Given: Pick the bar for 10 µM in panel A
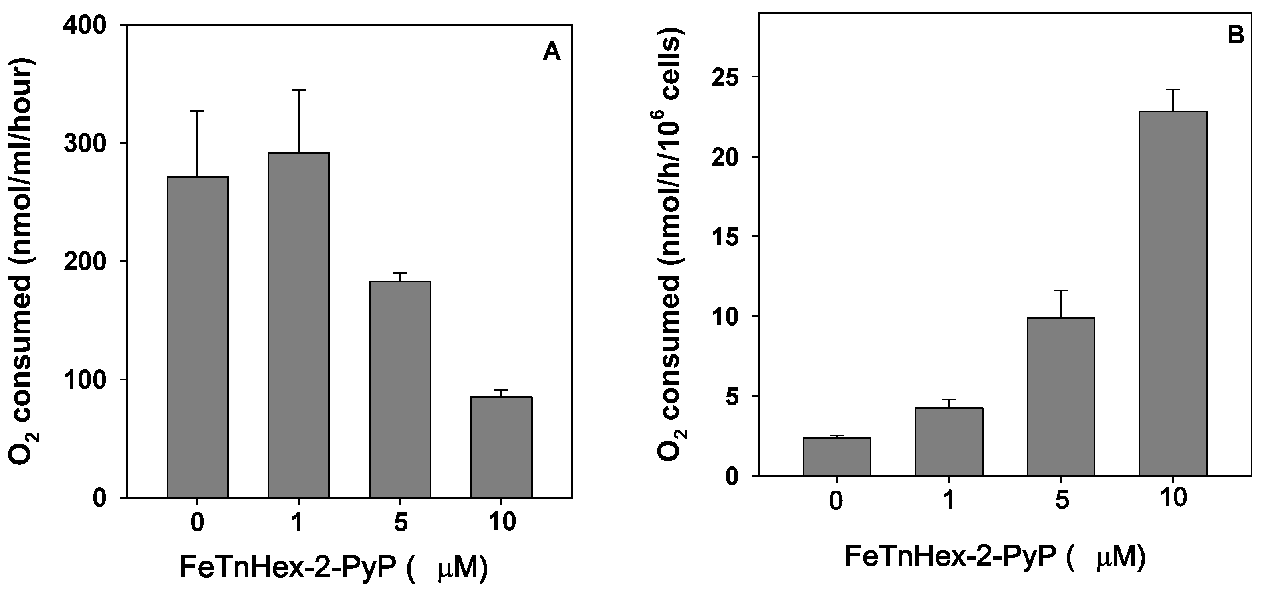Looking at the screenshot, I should pyautogui.click(x=501, y=447).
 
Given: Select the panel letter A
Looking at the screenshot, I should pyautogui.click(x=552, y=52).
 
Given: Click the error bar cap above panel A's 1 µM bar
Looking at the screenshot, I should pyautogui.click(x=298, y=90).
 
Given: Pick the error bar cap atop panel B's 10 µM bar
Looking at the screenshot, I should pyautogui.click(x=1173, y=89).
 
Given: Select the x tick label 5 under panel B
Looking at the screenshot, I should pyautogui.click(x=1062, y=501).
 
